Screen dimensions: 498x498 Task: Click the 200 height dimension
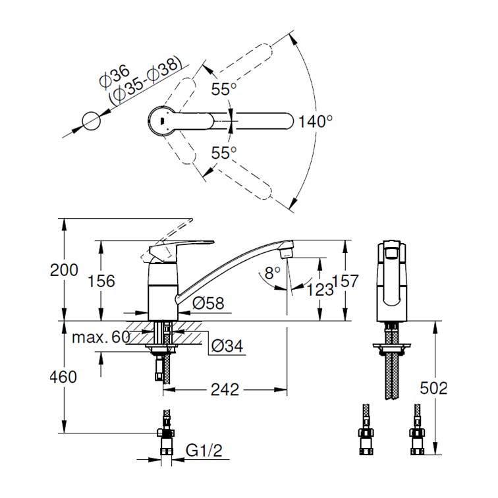(63, 269)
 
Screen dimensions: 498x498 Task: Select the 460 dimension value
(63, 377)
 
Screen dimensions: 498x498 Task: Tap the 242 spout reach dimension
(225, 389)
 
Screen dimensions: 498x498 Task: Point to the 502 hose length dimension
(433, 388)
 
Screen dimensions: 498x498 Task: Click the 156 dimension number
(101, 281)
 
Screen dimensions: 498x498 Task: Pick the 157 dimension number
(345, 281)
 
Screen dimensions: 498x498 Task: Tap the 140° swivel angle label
(316, 121)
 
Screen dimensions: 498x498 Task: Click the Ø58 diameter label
(209, 303)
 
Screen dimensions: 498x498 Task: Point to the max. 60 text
(101, 338)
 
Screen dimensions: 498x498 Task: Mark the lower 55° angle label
(223, 153)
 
